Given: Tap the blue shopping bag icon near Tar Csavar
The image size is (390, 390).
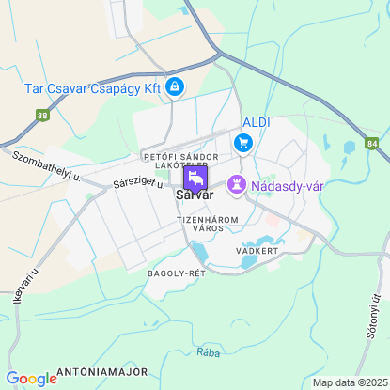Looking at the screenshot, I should [174, 87].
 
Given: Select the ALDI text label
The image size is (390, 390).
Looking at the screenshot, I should [257, 123].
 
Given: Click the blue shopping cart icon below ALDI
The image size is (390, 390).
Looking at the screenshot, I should [244, 143].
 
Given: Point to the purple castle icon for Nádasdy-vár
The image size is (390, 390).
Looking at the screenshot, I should [237, 185].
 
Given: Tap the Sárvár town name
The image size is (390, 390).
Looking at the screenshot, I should [195, 195].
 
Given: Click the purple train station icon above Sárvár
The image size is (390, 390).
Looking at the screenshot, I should [195, 177].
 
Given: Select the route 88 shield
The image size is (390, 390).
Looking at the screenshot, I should [42, 116].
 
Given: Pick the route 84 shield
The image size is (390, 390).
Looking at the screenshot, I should [372, 143].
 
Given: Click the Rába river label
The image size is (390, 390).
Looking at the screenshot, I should [209, 352].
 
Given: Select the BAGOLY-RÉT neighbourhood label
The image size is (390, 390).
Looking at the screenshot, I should [176, 273].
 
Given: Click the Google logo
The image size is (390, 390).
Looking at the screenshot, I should [31, 378].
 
